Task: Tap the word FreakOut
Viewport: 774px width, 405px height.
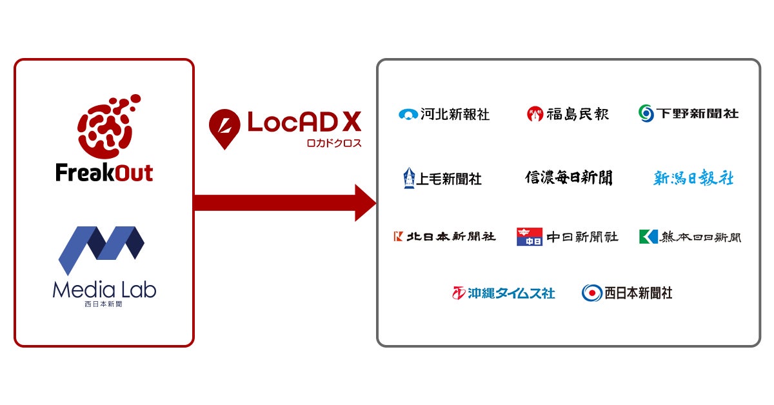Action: pyautogui.click(x=104, y=173)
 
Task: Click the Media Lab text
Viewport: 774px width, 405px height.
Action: pyautogui.click(x=104, y=290)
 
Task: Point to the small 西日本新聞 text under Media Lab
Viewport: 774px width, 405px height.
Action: pyautogui.click(x=104, y=304)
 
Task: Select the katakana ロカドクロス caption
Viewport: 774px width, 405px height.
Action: pyautogui.click(x=334, y=143)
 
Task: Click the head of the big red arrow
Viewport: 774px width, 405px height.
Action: pyautogui.click(x=364, y=202)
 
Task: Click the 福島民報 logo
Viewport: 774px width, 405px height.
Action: pyautogui.click(x=568, y=114)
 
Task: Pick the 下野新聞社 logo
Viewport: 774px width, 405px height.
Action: pyautogui.click(x=688, y=114)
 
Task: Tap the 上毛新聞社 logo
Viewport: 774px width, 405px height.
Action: pyautogui.click(x=442, y=178)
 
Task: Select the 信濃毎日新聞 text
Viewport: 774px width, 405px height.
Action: pyautogui.click(x=568, y=177)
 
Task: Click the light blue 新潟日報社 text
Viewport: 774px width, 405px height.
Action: pyautogui.click(x=693, y=178)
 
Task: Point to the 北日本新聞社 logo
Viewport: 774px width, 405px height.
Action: pyautogui.click(x=444, y=237)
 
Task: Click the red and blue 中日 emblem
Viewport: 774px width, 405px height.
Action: pyautogui.click(x=529, y=237)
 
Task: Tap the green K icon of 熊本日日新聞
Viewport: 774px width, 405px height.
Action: pyautogui.click(x=648, y=237)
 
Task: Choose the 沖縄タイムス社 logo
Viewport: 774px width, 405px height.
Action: pyautogui.click(x=503, y=293)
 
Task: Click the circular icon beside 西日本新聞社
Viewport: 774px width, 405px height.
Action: pyautogui.click(x=591, y=293)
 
